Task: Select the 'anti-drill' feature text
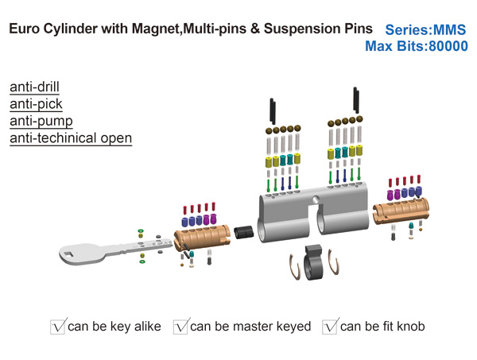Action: coord(34,87)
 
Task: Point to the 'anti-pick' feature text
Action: coord(36,103)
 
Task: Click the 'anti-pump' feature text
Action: coord(41,121)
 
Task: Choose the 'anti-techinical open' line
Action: coord(71,138)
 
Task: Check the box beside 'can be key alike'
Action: coord(58,326)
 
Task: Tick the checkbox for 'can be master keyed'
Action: coord(181,326)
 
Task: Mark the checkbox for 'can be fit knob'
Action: coord(330,326)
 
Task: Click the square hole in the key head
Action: coord(69,254)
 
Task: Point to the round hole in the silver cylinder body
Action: coord(315,199)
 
